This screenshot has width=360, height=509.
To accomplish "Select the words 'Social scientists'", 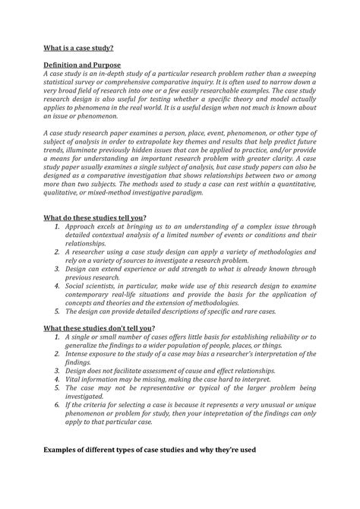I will tap(96, 281).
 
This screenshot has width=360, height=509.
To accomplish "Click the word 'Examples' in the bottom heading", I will tap(65, 450).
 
